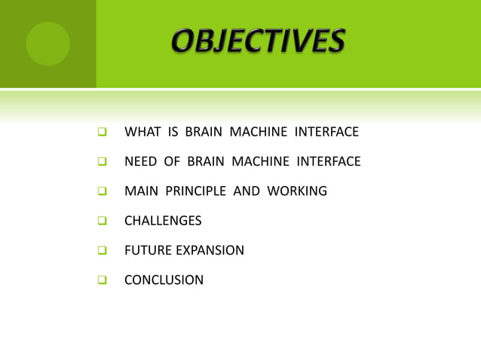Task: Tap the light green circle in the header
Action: click(x=47, y=44)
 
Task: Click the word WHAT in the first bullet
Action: click(x=141, y=133)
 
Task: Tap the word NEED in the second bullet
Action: click(x=141, y=162)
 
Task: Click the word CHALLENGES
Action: click(x=163, y=221)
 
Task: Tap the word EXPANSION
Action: click(x=209, y=251)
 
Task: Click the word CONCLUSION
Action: click(x=164, y=280)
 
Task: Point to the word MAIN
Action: click(x=140, y=191)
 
